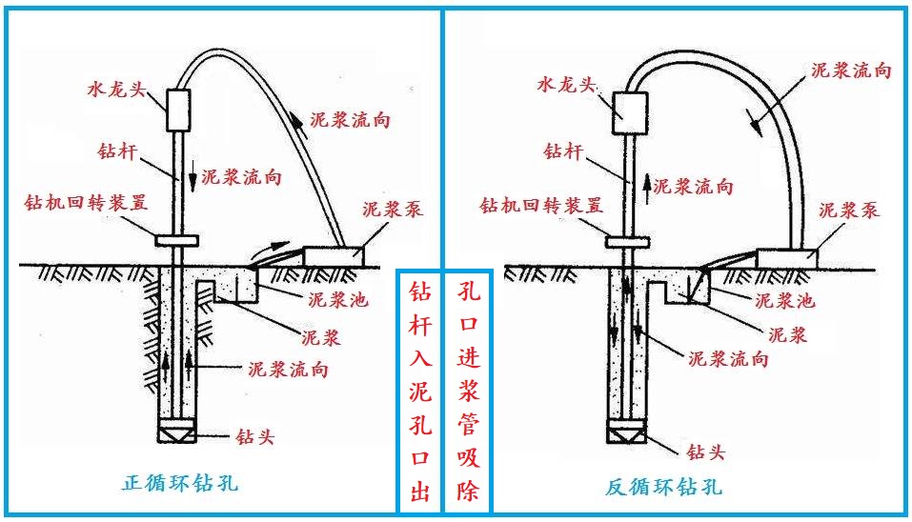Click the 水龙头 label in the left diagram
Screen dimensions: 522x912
(x=112, y=89)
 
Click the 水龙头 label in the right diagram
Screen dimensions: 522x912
(x=564, y=85)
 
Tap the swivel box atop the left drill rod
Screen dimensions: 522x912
(x=178, y=110)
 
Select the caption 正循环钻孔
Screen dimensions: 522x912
(x=179, y=484)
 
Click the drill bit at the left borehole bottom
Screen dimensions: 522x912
(x=178, y=432)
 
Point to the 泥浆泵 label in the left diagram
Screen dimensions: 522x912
(x=393, y=210)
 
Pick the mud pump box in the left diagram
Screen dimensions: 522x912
(x=334, y=254)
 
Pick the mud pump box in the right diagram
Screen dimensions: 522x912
(x=787, y=255)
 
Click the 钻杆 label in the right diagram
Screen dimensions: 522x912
(x=559, y=150)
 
